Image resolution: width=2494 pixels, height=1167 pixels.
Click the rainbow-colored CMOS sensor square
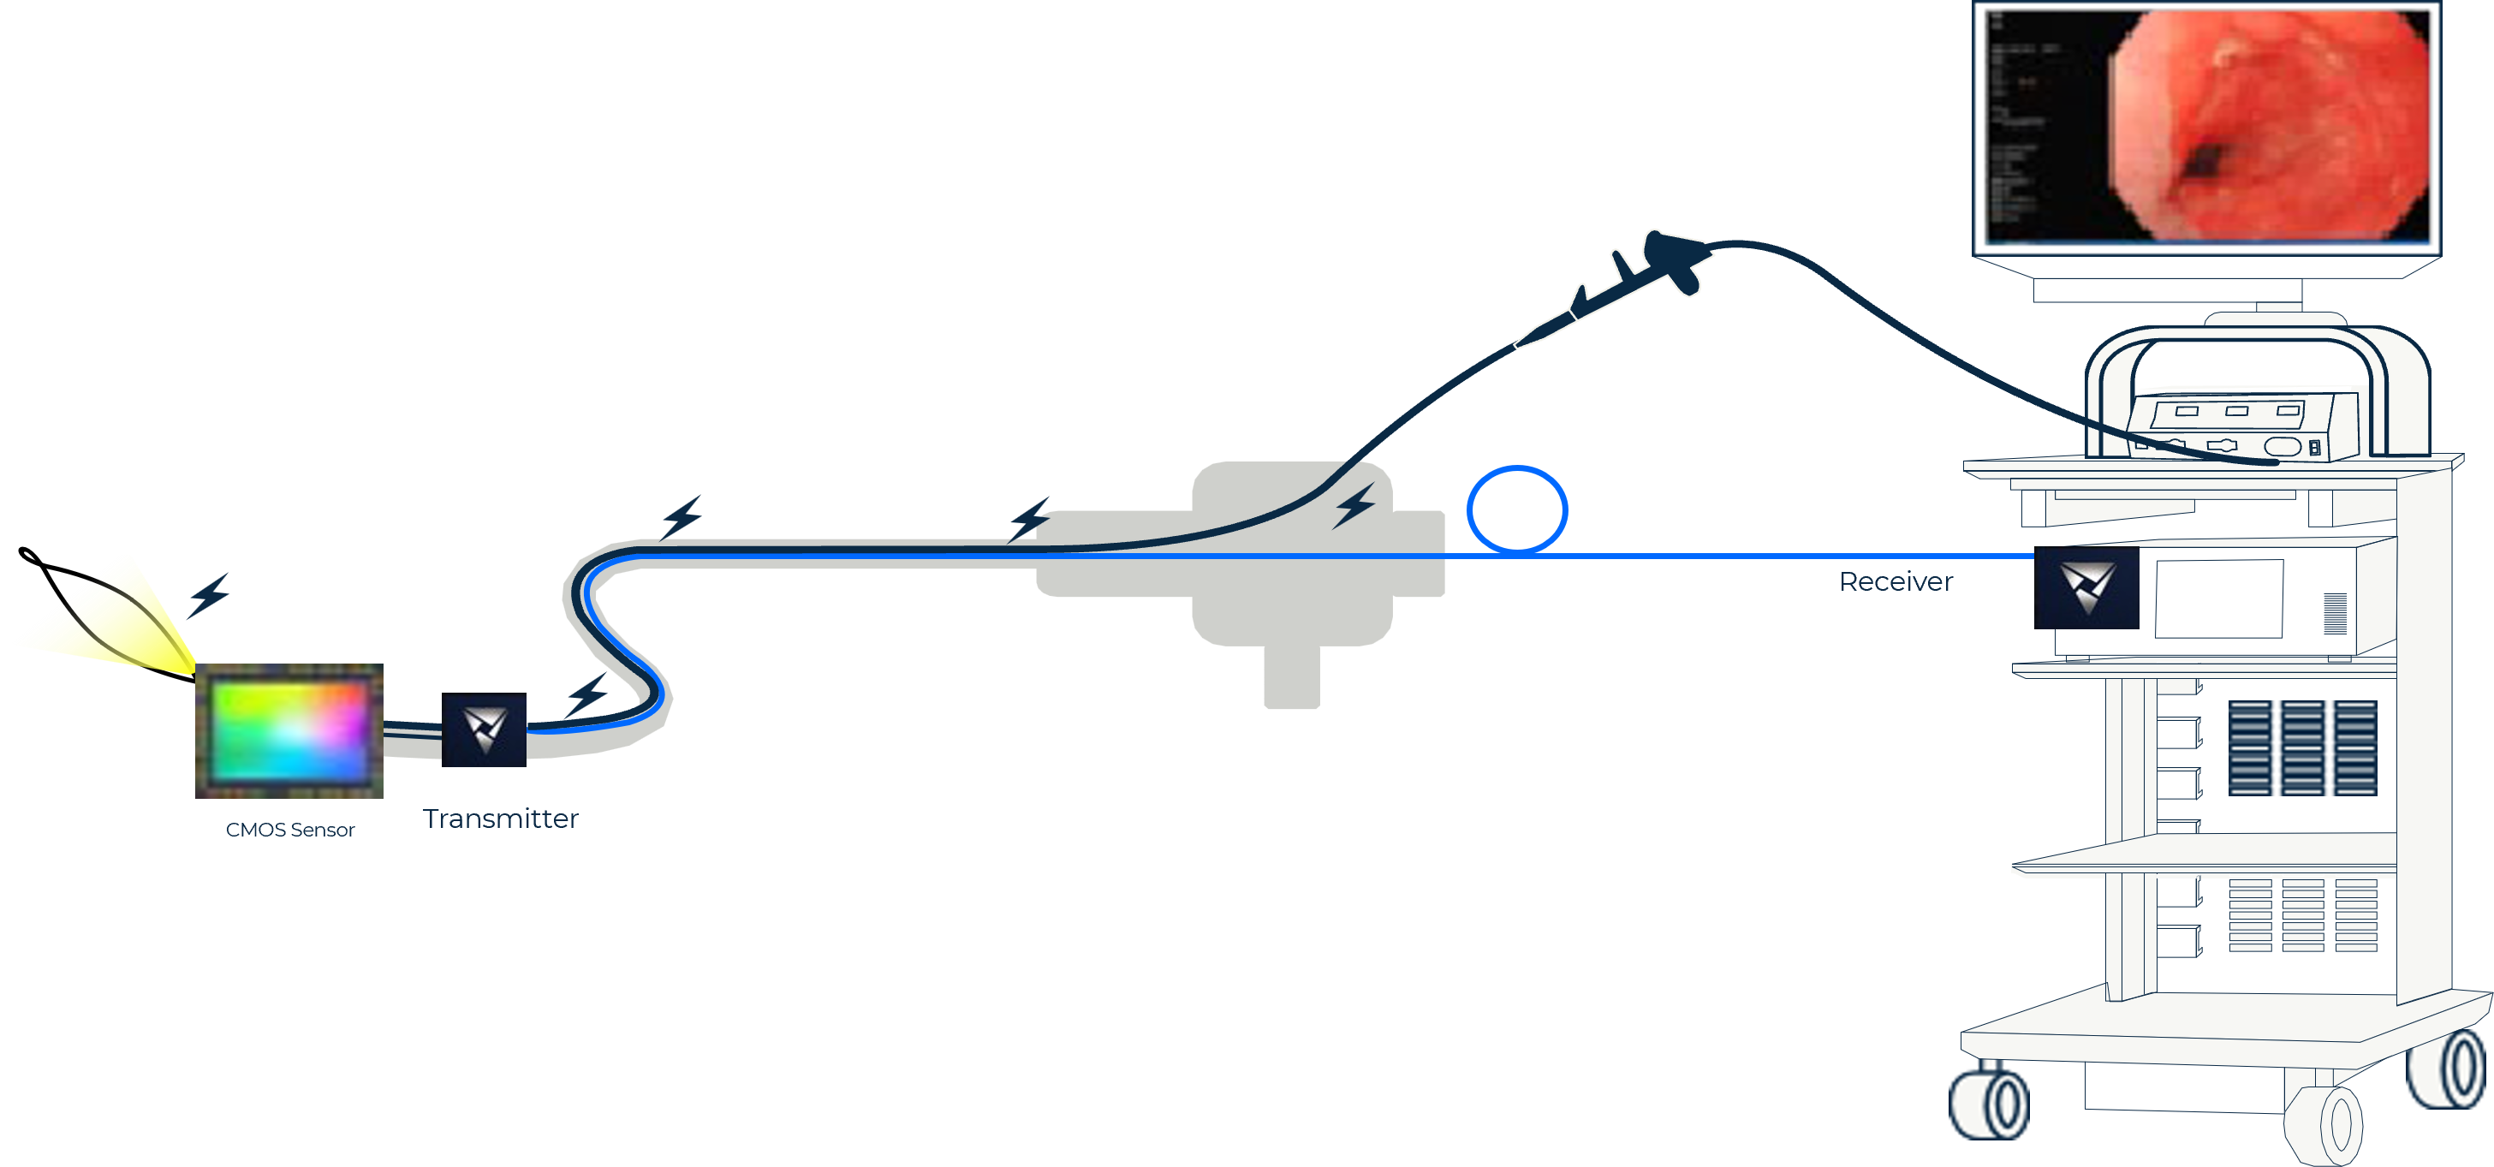[289, 731]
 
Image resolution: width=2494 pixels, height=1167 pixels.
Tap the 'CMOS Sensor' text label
[289, 830]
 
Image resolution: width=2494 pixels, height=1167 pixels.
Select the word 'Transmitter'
[501, 819]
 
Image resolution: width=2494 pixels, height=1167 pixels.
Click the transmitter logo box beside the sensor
[484, 729]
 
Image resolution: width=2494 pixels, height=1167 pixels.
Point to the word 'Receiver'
[1896, 582]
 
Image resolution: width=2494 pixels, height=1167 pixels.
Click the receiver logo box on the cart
[2086, 588]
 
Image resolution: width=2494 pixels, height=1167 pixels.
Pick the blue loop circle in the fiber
[1516, 510]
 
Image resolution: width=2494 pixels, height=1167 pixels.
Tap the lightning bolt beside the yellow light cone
[209, 593]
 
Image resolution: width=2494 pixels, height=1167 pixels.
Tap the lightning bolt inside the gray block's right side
[1354, 505]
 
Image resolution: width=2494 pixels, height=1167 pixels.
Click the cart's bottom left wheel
[1989, 1103]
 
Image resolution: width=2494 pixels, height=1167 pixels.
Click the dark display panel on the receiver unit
[2218, 598]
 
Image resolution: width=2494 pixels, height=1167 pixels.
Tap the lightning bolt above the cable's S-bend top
[682, 516]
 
